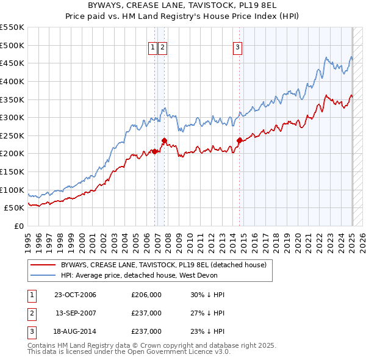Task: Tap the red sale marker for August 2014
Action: [x=239, y=141]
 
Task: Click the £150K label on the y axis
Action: [x=13, y=171]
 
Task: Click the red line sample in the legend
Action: [x=43, y=265]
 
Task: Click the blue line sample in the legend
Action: [x=43, y=275]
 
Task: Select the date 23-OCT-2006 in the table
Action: [x=75, y=295]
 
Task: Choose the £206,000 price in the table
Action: [x=146, y=295]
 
